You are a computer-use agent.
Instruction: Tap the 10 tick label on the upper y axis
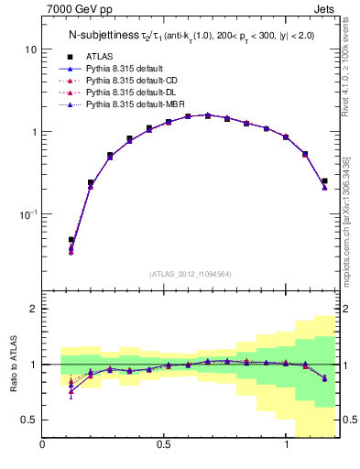[30, 49]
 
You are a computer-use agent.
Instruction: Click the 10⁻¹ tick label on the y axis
[27, 214]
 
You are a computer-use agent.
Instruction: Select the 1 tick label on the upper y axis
[33, 132]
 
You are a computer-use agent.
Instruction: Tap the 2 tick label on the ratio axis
[33, 310]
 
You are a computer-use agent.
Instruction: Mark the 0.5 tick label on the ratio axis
[28, 420]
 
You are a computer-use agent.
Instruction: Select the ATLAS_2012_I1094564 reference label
[189, 273]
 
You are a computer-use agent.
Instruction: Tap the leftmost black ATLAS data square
[71, 240]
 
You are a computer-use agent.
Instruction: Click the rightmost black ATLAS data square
[324, 181]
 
